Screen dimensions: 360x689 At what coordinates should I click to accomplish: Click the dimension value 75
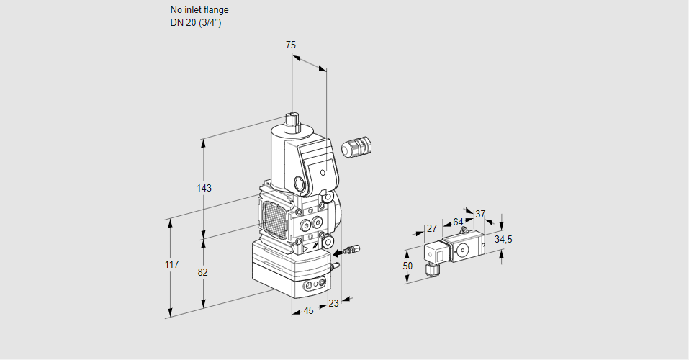290,45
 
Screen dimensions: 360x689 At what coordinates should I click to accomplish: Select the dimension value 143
204,188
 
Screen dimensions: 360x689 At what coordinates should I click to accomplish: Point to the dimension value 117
171,266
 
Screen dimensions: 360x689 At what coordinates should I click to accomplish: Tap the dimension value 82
203,272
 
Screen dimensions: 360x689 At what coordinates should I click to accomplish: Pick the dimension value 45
308,310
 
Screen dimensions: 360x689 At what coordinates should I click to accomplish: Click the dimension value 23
333,303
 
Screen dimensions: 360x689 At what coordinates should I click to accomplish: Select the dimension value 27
432,228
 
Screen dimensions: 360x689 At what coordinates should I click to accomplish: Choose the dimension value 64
458,222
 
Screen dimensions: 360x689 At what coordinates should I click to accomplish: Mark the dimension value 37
480,214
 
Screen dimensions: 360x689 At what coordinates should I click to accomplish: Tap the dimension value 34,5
503,239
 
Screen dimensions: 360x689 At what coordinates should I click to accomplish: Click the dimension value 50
407,266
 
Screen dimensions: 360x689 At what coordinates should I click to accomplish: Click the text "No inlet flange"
199,10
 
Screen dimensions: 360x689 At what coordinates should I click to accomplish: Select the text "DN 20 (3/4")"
195,22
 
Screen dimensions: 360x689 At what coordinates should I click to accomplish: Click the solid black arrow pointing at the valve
338,253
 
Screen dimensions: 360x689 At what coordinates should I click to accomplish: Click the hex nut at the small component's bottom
433,271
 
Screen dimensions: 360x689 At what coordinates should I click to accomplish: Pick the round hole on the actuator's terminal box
323,173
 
